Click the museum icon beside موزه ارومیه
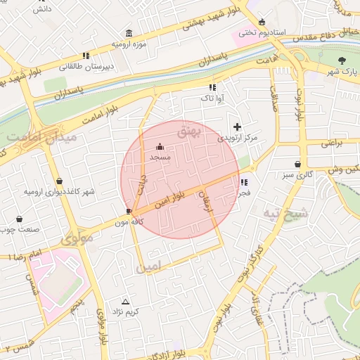pos(129,33)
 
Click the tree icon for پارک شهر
pos(342,60)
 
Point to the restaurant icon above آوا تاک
pos(212,88)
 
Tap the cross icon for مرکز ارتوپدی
pos(237,127)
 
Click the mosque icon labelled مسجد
pos(160,147)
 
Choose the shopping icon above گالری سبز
pos(298,164)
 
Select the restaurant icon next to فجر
pos(243,182)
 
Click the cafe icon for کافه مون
pos(129,211)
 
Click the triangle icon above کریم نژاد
pos(126,300)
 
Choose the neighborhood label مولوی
pos(77,238)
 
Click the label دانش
pos(42,9)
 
